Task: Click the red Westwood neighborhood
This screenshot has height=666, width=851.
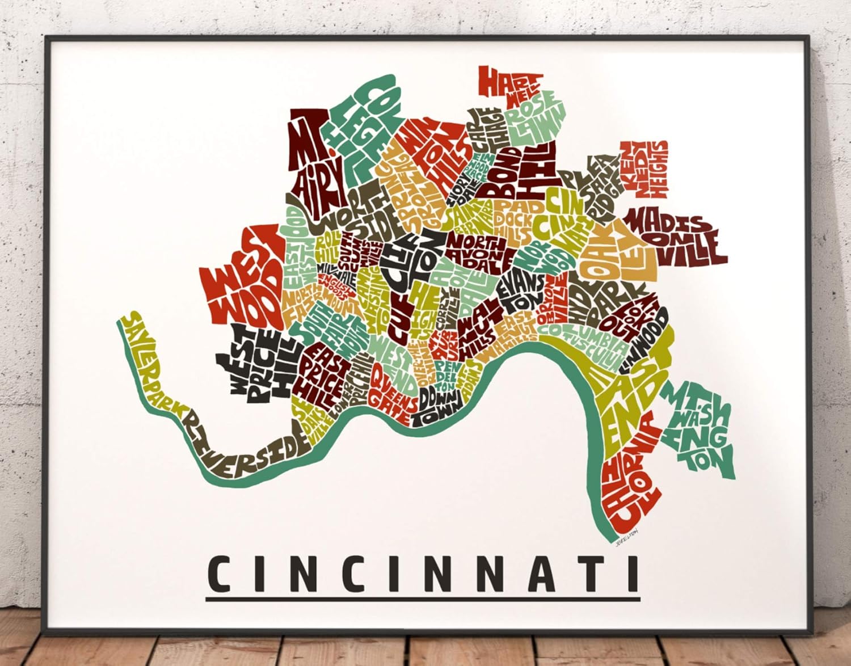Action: point(241,278)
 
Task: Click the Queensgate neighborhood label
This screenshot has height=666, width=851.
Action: point(391,391)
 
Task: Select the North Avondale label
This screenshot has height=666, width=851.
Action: point(477,250)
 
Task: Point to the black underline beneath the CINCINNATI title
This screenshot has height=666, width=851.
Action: point(423,598)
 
